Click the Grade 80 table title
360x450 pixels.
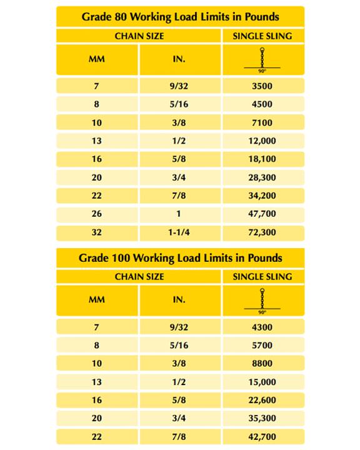[x=180, y=16]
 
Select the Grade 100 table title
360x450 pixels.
[x=180, y=257]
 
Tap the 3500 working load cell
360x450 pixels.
[x=262, y=86]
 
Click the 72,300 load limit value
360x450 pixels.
[x=262, y=233]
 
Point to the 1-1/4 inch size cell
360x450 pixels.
[x=179, y=233]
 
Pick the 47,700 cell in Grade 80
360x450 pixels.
[x=262, y=214]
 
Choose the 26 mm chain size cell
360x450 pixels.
[x=97, y=214]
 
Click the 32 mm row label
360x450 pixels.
[x=97, y=233]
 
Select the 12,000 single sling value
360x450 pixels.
[x=262, y=141]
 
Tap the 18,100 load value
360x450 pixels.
[x=262, y=159]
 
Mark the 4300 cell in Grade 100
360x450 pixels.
[x=262, y=326]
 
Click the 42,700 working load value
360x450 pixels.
[x=262, y=437]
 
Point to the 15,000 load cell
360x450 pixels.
[x=262, y=381]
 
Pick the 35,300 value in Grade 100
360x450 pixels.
[x=262, y=419]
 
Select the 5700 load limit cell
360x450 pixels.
[x=262, y=344]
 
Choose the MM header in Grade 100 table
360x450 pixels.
[x=97, y=300]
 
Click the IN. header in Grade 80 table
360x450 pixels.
[x=179, y=60]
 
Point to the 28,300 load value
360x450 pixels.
[x=262, y=178]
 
